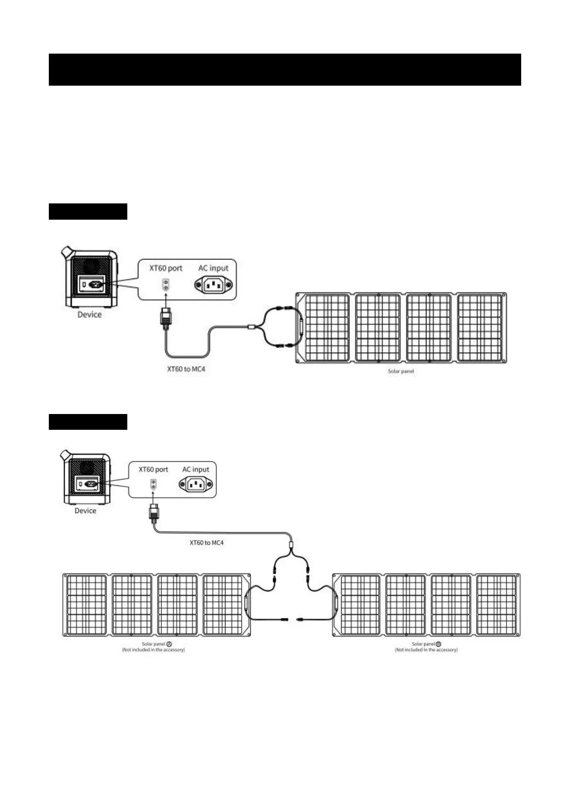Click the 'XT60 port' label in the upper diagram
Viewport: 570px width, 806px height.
(166, 268)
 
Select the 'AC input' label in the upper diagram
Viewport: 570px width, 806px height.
(213, 268)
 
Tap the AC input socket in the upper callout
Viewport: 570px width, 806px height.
(213, 286)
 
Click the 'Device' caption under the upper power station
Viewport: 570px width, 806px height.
(89, 314)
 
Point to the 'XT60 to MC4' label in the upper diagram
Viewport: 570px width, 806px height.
(186, 369)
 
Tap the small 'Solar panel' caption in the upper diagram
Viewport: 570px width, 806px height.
(401, 371)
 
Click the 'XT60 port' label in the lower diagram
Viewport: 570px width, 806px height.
(153, 470)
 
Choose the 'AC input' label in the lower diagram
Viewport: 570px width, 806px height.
(196, 470)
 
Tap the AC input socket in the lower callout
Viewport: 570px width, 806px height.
(196, 485)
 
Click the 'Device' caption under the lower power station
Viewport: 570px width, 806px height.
(85, 511)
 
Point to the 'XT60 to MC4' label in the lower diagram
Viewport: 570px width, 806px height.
(206, 543)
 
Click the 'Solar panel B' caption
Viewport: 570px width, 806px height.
(426, 644)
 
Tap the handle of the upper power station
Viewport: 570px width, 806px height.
(66, 252)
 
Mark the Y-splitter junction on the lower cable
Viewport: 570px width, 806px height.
(291, 546)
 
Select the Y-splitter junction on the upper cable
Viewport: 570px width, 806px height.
(252, 327)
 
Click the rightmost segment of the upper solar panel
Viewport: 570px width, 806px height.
(480, 328)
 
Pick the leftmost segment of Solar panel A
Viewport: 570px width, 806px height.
(87, 605)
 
